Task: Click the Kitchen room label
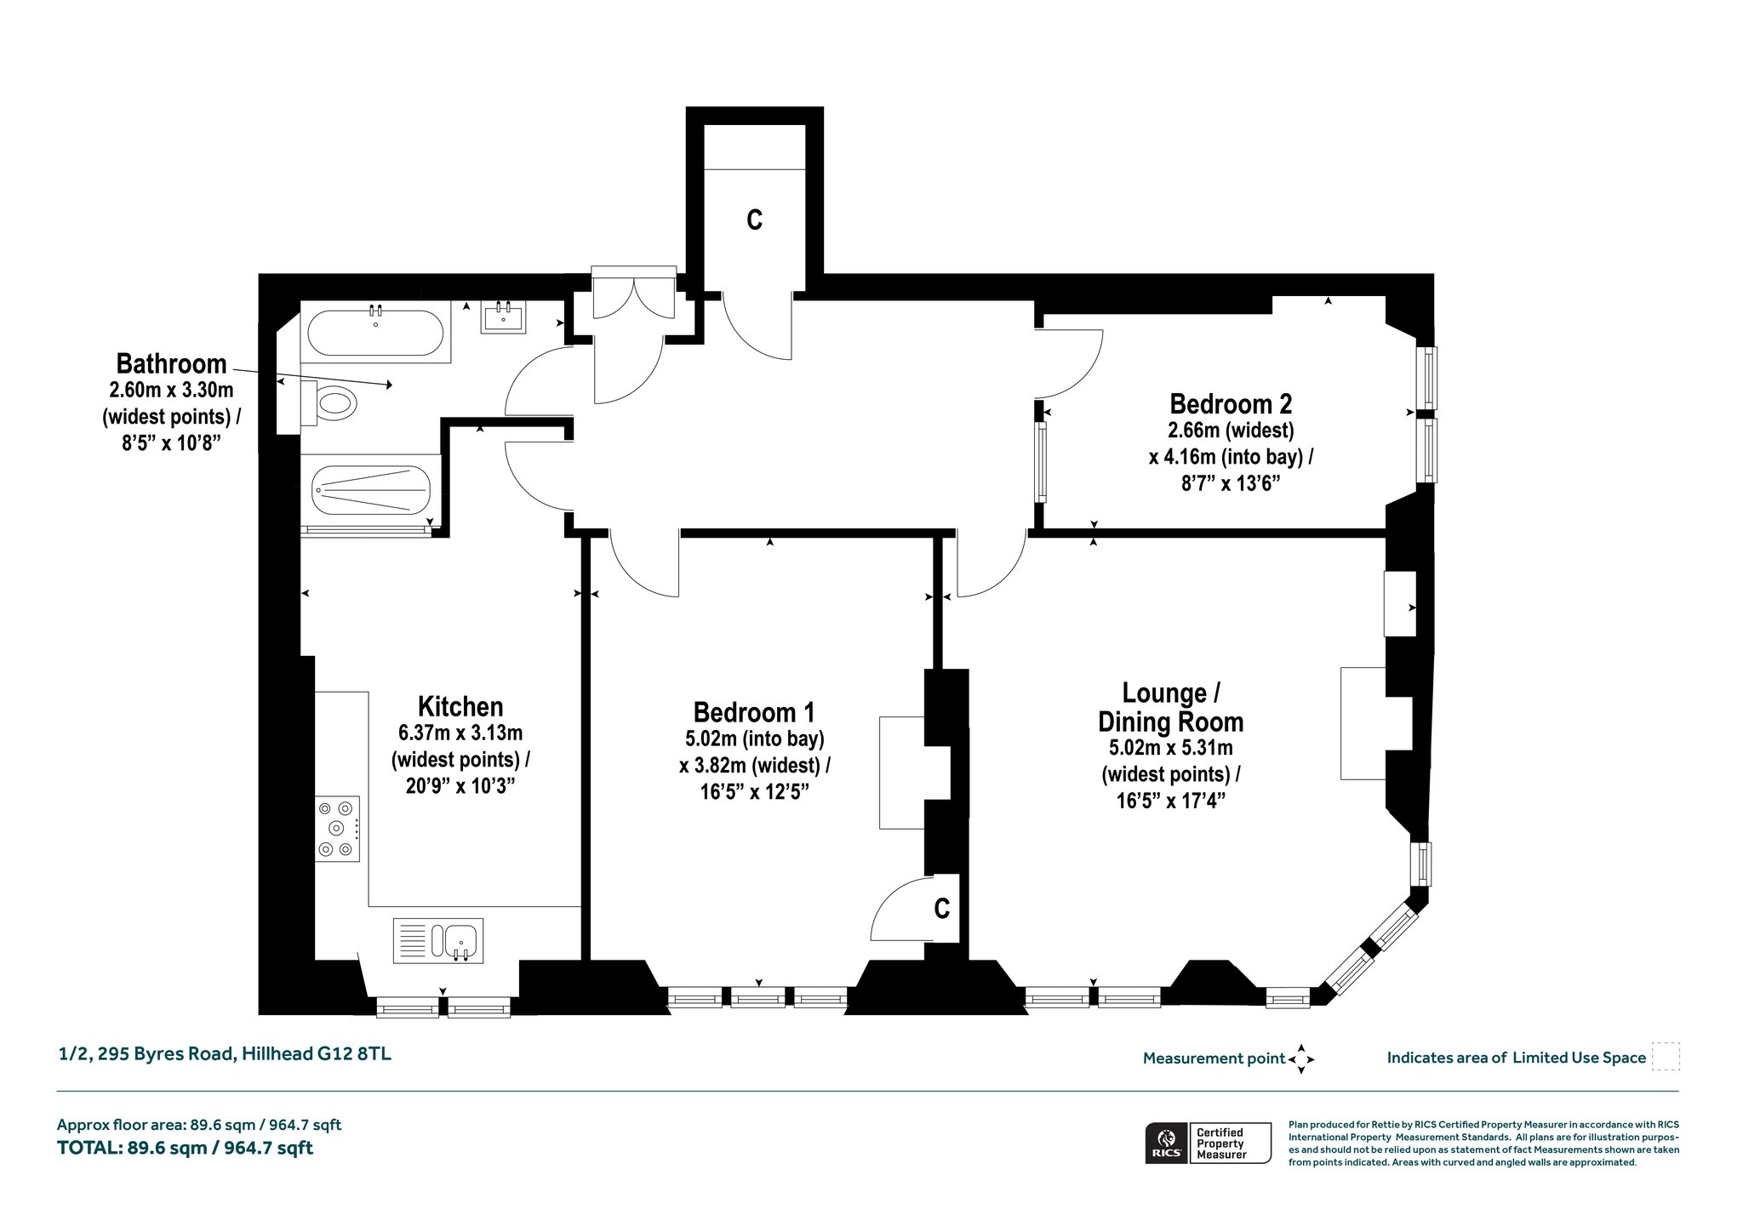click(460, 706)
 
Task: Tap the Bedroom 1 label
click(754, 711)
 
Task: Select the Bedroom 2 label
click(1231, 402)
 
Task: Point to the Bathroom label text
click(171, 364)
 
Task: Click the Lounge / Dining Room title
click(1171, 707)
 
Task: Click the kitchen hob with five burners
click(337, 828)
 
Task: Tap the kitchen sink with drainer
click(438, 940)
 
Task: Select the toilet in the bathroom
click(330, 402)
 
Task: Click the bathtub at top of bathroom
click(375, 333)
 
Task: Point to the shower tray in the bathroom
click(371, 491)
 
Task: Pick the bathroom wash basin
click(505, 317)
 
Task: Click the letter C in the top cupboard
click(754, 220)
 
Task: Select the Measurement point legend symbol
click(1301, 1059)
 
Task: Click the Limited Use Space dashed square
click(1666, 1057)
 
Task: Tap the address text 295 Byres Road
click(166, 1054)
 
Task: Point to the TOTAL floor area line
click(185, 1148)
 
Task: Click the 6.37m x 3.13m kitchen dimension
click(460, 733)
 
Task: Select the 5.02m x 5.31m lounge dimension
click(1171, 748)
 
